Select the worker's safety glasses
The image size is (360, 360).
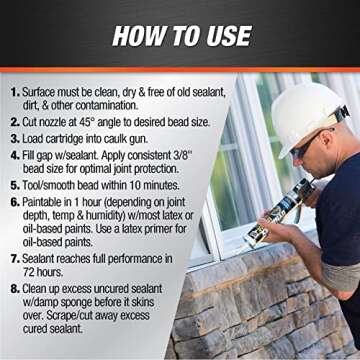pos(309,145)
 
